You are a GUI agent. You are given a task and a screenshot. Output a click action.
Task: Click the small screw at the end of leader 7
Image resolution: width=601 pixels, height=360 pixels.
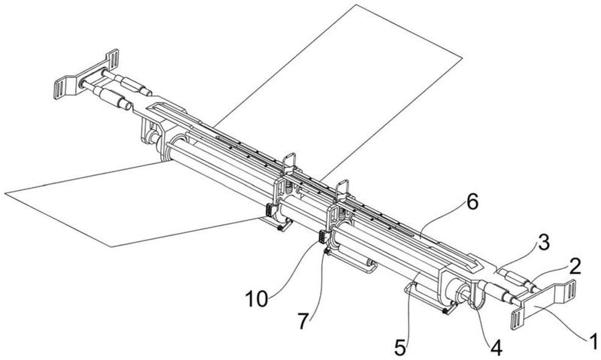pyautogui.click(x=326, y=253)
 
